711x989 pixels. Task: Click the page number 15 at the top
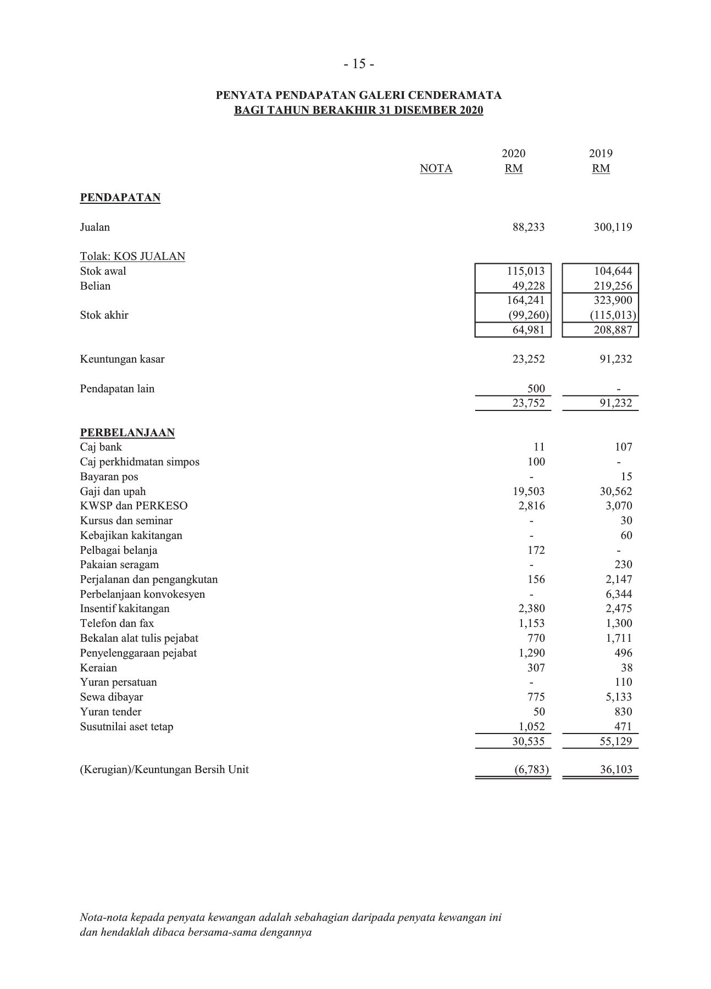pos(359,64)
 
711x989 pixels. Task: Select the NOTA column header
pos(436,169)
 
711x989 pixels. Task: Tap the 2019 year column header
pos(601,153)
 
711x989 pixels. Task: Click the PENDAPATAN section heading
pos(120,198)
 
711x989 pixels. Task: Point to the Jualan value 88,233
pos(528,227)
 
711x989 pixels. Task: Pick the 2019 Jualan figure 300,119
pos(613,227)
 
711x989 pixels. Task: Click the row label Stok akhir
pos(104,315)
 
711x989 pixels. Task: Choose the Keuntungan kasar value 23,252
pos(528,359)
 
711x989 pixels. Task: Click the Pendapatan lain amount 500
pos(536,389)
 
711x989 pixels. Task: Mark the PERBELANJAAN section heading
pos(127,433)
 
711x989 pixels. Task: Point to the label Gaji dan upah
pos(113,492)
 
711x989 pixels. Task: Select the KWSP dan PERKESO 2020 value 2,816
pos(531,506)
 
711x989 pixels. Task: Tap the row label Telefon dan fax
pos(116,624)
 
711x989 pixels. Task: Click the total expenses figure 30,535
pos(528,741)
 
